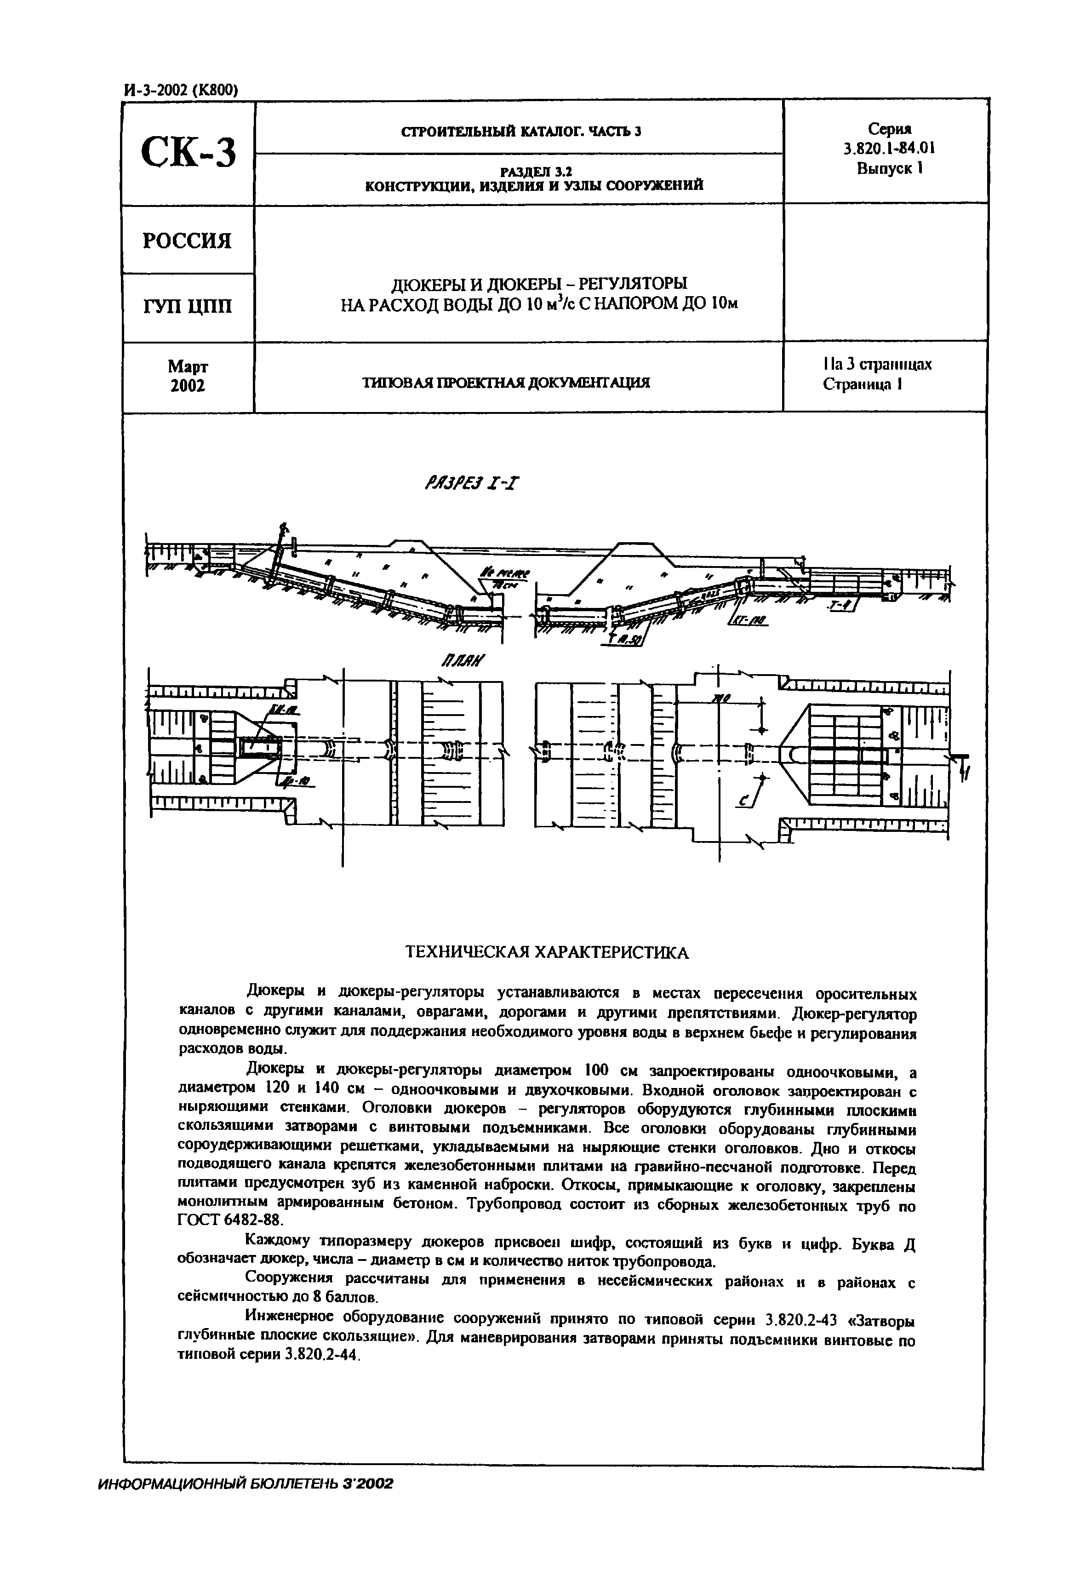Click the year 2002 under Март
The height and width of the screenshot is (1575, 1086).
tap(187, 386)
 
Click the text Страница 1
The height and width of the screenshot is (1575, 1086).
tap(862, 384)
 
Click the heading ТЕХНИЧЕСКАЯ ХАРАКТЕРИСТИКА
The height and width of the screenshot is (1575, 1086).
tap(547, 952)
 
